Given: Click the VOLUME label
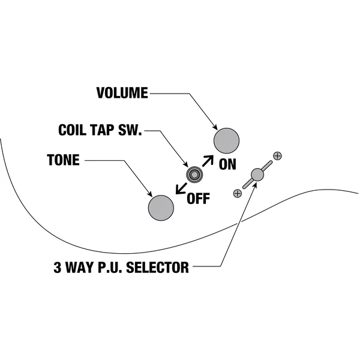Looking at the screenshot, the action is pos(122,93).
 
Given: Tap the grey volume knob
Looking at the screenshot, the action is pos(226,141).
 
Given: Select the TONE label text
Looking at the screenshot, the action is pos(64,160).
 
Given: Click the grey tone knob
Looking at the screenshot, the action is pos(161,208).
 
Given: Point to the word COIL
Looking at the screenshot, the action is pos(73,130).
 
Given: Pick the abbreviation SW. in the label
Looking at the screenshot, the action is pos(130,130).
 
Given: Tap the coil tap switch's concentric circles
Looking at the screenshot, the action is pos(194,175).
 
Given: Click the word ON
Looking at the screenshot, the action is pos(227,164).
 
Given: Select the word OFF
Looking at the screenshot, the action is pos(199,199).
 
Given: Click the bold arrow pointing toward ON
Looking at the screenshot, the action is pos(208,161).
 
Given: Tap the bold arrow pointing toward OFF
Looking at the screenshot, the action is pos(181,188).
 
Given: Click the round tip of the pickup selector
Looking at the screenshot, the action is pos(257,175).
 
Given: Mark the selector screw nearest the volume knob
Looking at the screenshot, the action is pos(277,156).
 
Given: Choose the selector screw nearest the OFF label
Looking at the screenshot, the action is pos(238,193).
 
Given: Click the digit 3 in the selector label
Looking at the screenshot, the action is pos(58,267).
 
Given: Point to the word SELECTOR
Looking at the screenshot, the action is pos(157,267).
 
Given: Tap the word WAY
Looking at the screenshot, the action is pos(80,267).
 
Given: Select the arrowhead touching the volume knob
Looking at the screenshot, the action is pos(215,127).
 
